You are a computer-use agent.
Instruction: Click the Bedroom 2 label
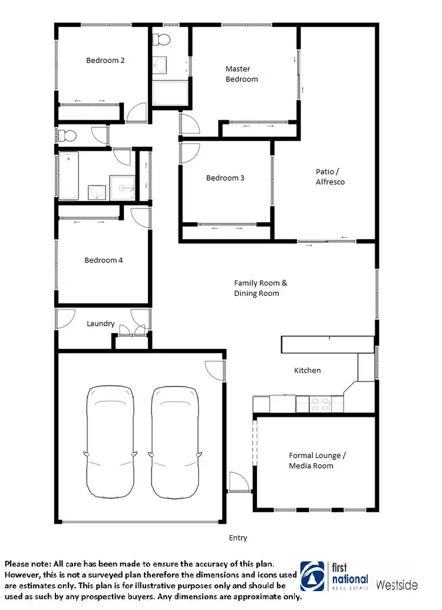pyautogui.click(x=105, y=60)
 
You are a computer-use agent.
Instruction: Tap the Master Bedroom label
pyautogui.click(x=242, y=74)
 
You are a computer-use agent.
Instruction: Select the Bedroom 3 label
pyautogui.click(x=225, y=178)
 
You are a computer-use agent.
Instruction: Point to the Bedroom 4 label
pyautogui.click(x=104, y=260)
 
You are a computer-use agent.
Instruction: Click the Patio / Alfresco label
pyautogui.click(x=330, y=177)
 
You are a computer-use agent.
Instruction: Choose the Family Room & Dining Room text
pyautogui.click(x=256, y=288)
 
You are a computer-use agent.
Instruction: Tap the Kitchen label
pyautogui.click(x=308, y=370)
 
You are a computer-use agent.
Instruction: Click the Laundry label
pyautogui.click(x=100, y=324)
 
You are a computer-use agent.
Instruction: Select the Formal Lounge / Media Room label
pyautogui.click(x=317, y=460)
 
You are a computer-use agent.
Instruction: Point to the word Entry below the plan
pyautogui.click(x=238, y=538)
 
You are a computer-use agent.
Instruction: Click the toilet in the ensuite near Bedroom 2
pyautogui.click(x=160, y=39)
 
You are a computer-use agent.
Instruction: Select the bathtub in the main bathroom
pyautogui.click(x=69, y=176)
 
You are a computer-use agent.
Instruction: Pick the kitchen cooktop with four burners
pyautogui.click(x=321, y=405)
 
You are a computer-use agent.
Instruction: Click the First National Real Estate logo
pyautogui.click(x=334, y=576)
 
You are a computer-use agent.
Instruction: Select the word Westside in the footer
pyautogui.click(x=397, y=585)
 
